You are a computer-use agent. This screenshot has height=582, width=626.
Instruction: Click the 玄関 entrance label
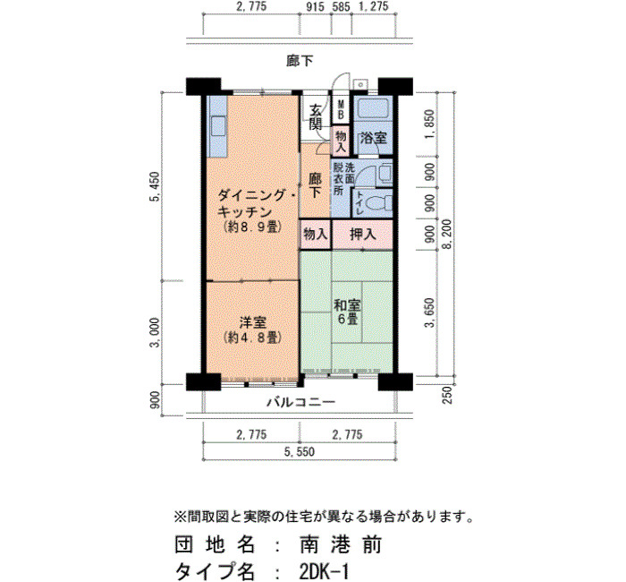tap(316, 117)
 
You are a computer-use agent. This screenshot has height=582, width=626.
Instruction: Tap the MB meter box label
tap(341, 109)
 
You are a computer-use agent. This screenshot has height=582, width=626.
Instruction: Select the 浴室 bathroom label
tap(373, 138)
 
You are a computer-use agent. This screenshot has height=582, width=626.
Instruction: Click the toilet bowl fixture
tap(380, 203)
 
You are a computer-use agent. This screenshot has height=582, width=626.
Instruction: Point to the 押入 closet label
tap(363, 234)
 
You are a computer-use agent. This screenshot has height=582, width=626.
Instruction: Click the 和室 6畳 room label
tap(347, 312)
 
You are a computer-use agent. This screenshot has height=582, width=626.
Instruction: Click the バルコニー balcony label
tap(300, 402)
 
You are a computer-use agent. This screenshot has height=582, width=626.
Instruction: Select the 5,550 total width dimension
tap(300, 452)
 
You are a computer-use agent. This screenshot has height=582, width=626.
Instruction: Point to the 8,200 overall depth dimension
tap(447, 234)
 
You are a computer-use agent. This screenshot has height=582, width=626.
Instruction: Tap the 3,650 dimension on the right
tap(429, 312)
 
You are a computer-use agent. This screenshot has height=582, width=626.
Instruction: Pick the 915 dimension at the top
tap(316, 6)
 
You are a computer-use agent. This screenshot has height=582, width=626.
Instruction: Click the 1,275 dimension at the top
tap(373, 6)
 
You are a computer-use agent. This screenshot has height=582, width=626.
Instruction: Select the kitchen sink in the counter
tap(218, 126)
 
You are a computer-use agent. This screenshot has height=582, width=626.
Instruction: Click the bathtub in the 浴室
tap(373, 108)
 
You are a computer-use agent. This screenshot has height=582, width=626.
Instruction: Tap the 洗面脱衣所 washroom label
tap(343, 179)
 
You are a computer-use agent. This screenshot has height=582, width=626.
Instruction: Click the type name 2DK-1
tap(324, 571)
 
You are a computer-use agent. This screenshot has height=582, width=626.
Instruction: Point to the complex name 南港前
tap(341, 544)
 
